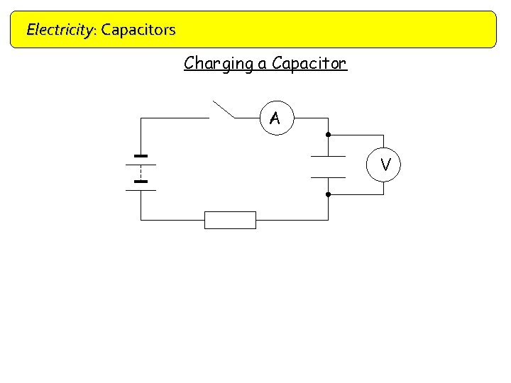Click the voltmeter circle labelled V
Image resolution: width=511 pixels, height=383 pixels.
[385, 165]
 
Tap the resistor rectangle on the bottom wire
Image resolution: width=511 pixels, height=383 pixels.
[230, 220]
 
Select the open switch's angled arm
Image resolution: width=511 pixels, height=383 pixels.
[223, 109]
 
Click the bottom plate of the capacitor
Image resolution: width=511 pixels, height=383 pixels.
[328, 177]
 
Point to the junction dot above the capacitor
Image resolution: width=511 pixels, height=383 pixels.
[328, 134]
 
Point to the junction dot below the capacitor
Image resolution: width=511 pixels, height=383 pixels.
[328, 194]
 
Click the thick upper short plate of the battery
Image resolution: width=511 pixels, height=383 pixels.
[141, 156]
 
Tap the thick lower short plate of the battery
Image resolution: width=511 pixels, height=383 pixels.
[141, 182]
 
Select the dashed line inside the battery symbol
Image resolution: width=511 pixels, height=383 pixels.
[141, 172]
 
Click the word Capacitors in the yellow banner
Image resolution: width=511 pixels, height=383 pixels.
[138, 30]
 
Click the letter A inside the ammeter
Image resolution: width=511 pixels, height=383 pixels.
[275, 119]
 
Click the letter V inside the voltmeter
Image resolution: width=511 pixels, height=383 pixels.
[385, 165]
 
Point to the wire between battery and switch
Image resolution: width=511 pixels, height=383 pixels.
[174, 118]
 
